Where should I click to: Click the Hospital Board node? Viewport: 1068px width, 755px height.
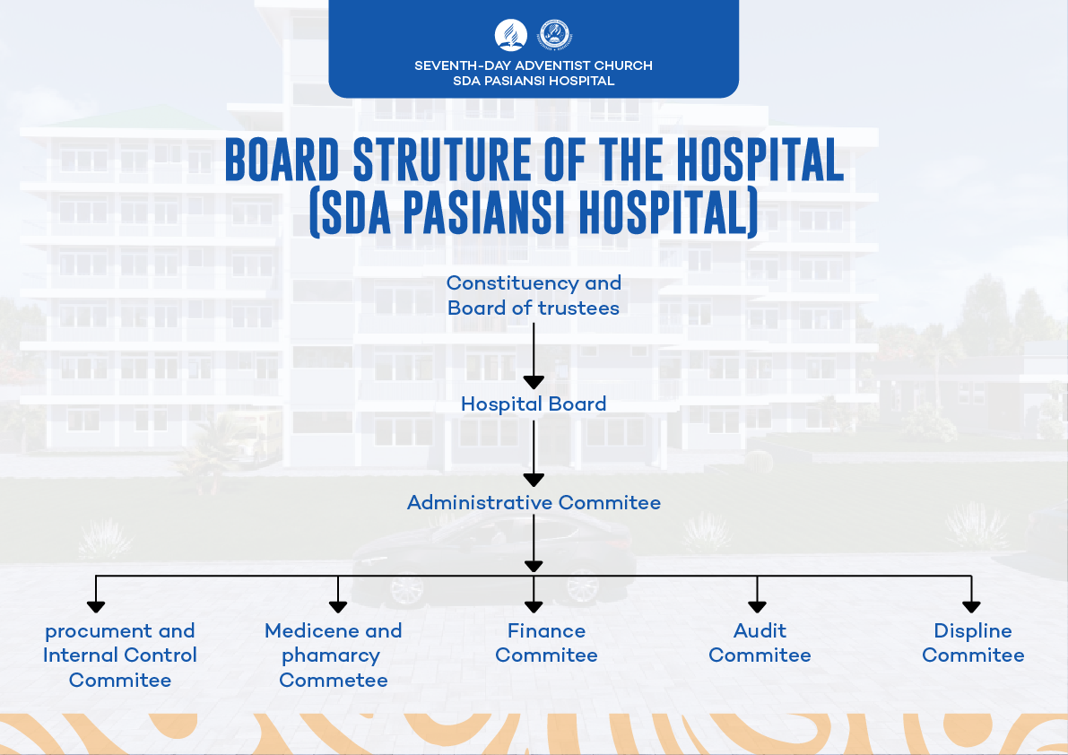pyautogui.click(x=534, y=404)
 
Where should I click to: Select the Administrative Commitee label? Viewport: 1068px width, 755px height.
pyautogui.click(x=534, y=502)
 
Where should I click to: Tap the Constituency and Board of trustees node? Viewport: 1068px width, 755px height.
pyautogui.click(x=534, y=295)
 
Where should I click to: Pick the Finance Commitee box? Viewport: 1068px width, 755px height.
pyautogui.click(x=546, y=643)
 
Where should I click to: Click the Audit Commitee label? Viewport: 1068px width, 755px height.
pyautogui.click(x=760, y=643)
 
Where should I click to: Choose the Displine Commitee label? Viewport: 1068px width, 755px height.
pyautogui.click(x=973, y=643)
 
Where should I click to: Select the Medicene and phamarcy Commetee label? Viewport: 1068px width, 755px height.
pyautogui.click(x=334, y=655)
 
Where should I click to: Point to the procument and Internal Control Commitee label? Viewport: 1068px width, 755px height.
pyautogui.click(x=120, y=655)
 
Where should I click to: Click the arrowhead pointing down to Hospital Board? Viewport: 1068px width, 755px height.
pyautogui.click(x=534, y=381)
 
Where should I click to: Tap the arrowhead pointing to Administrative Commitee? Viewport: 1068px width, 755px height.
pyautogui.click(x=534, y=480)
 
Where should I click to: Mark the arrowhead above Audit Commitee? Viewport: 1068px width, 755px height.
pyautogui.click(x=758, y=606)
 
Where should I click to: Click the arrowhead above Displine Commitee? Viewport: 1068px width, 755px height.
pyautogui.click(x=971, y=606)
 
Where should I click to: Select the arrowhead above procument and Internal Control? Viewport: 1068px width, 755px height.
pyautogui.click(x=96, y=606)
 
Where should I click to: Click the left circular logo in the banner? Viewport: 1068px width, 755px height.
pyautogui.click(x=510, y=36)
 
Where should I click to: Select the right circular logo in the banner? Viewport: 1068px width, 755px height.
pyautogui.click(x=555, y=36)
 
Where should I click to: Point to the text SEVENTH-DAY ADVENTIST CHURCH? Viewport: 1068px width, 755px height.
pyautogui.click(x=534, y=65)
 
